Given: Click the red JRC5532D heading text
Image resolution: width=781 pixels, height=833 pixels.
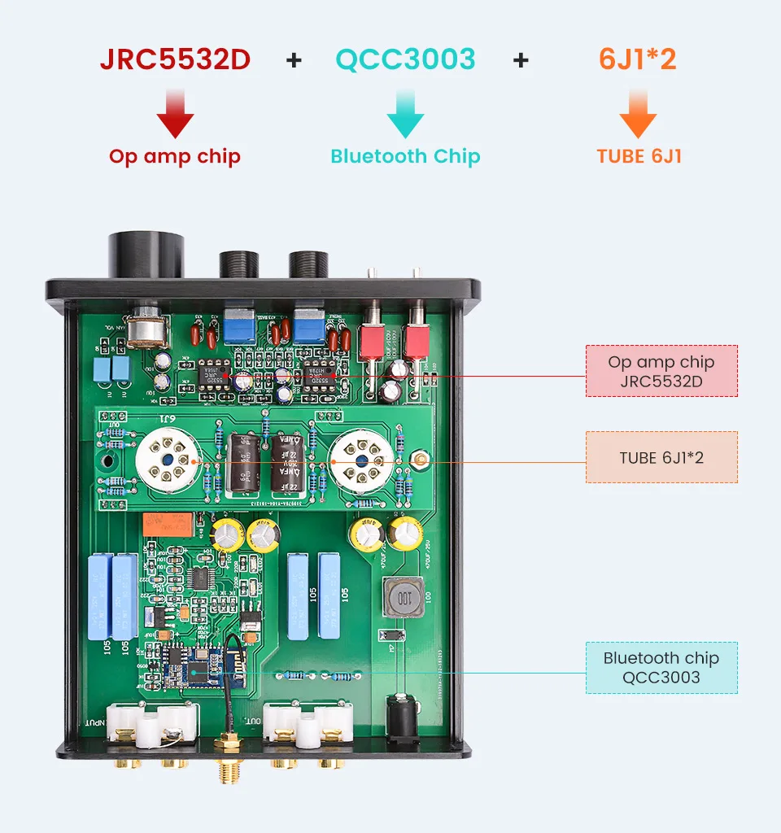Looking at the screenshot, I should coord(175,59).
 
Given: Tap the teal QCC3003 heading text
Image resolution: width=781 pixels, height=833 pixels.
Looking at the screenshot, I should coord(405,59).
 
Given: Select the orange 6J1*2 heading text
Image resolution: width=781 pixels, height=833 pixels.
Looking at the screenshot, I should coord(638,59).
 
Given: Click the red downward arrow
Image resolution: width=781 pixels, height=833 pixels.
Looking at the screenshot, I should coord(175,114).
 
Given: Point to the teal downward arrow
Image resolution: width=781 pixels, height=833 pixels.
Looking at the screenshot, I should coord(405,114).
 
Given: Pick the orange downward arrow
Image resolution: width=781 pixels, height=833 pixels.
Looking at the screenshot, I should coord(638,114).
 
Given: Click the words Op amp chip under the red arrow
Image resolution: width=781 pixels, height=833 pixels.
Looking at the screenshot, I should coord(175,156).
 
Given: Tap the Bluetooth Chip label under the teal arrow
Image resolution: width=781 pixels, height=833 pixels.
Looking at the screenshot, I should coord(405,156).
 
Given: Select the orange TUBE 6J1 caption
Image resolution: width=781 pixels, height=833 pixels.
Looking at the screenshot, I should coord(639,156).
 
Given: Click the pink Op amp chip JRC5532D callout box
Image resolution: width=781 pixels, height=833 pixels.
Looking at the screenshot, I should coord(661,371).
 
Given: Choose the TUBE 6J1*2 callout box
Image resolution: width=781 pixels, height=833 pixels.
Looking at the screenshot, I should coord(661,457).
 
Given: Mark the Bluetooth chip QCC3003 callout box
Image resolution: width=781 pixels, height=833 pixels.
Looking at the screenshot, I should coord(661,667).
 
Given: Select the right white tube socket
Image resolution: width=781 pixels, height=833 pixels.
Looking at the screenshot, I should coord(364,461).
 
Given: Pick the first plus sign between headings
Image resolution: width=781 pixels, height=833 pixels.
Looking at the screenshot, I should coord(294,59).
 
